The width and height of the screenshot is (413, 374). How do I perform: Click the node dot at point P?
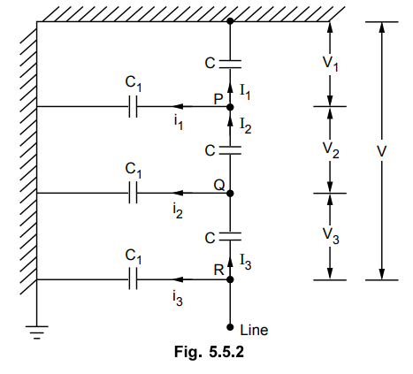pyautogui.click(x=230, y=107)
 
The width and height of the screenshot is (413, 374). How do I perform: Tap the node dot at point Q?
pyautogui.click(x=230, y=194)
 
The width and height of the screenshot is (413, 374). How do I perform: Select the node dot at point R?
pyautogui.click(x=230, y=279)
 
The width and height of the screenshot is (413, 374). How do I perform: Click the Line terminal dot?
pyautogui.click(x=230, y=327)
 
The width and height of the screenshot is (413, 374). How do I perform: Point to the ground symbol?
pyautogui.click(x=37, y=332)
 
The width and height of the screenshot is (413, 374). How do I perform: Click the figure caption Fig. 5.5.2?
pyautogui.click(x=209, y=352)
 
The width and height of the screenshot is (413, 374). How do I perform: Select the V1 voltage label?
pyautogui.click(x=330, y=64)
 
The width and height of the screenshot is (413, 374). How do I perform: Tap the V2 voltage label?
pyautogui.click(x=331, y=150)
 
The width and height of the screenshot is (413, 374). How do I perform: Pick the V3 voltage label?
pyautogui.click(x=331, y=236)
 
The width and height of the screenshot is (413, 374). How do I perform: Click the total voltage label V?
pyautogui.click(x=382, y=151)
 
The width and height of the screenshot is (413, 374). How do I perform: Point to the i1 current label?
pyautogui.click(x=178, y=123)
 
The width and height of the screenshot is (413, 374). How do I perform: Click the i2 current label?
pyautogui.click(x=178, y=211)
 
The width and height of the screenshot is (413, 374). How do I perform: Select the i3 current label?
pyautogui.click(x=178, y=299)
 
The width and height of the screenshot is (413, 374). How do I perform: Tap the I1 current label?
pyautogui.click(x=245, y=92)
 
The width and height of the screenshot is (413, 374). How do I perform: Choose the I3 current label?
pyautogui.click(x=246, y=262)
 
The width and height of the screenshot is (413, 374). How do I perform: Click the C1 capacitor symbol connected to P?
pyautogui.click(x=133, y=106)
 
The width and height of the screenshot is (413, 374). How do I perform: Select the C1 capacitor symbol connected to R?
pyautogui.click(x=133, y=279)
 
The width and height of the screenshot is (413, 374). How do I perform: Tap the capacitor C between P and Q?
pyautogui.click(x=230, y=150)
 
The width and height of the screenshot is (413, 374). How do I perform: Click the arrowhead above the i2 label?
pyautogui.click(x=178, y=193)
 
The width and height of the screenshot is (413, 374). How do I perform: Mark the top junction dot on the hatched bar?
pyautogui.click(x=230, y=21)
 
